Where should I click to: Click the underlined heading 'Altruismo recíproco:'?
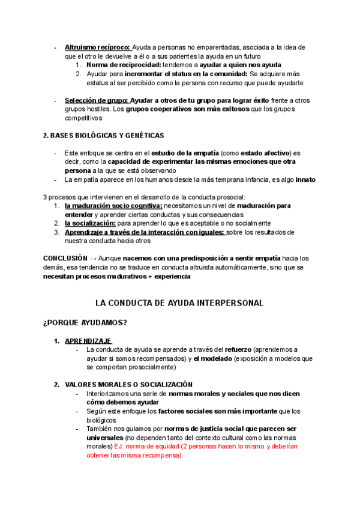click(x=98, y=47)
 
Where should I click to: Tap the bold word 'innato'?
click(x=303, y=179)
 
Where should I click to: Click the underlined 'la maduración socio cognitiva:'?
click(x=113, y=206)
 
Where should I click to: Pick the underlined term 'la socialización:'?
click(x=90, y=223)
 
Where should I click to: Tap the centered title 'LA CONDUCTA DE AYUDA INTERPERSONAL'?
click(x=179, y=303)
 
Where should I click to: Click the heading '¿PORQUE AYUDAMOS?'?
click(x=85, y=323)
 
